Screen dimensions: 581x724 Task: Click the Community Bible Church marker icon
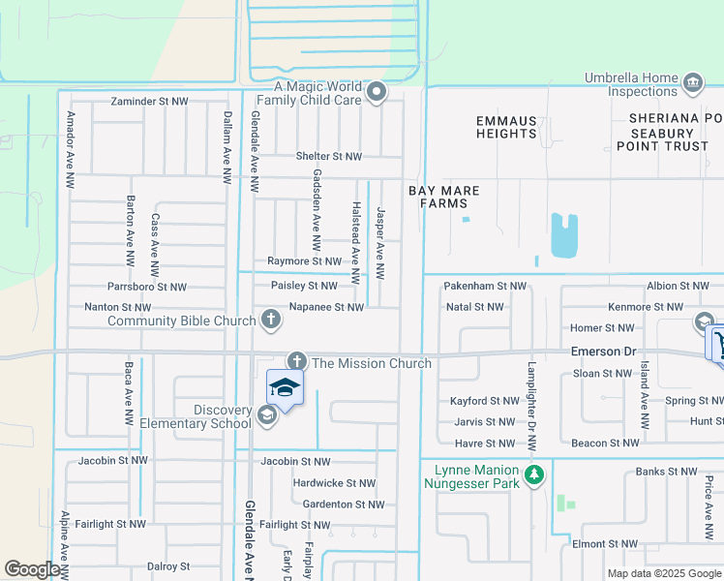(x=270, y=319)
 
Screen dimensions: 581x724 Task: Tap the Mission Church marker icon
(x=296, y=361)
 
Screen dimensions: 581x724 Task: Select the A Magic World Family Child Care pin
(x=377, y=93)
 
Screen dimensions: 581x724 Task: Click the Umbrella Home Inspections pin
(x=693, y=82)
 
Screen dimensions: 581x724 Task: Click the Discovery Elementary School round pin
(x=267, y=415)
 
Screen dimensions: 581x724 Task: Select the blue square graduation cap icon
(x=286, y=388)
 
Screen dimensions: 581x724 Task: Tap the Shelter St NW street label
(x=329, y=156)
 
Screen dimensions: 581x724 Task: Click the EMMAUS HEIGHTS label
(x=506, y=127)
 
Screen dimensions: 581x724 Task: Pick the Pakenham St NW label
(x=485, y=287)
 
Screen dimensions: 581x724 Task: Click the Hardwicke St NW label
(x=334, y=483)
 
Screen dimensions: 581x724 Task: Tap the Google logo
(x=32, y=569)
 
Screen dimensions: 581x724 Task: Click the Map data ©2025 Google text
(x=663, y=573)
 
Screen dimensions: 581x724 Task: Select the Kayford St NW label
(x=485, y=401)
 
